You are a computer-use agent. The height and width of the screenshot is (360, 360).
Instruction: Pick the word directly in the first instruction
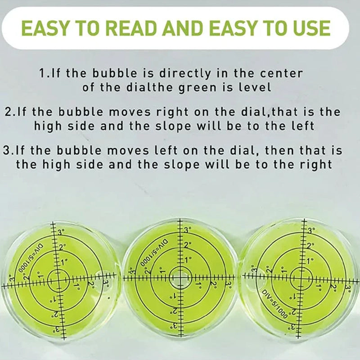pos(185,74)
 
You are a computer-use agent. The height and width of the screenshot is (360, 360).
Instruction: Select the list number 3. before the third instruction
pos(9,151)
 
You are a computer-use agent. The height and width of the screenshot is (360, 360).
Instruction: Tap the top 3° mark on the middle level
pos(187,230)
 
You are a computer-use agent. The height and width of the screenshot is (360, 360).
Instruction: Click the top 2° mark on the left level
pos(62,247)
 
